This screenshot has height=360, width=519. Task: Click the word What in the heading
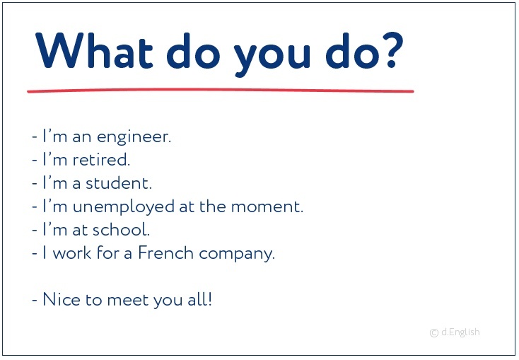pos(94,50)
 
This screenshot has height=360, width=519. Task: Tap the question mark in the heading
pos(392,50)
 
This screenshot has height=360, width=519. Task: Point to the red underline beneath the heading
pos(221,91)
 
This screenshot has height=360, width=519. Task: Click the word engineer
pos(134,138)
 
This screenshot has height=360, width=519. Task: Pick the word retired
pos(101,160)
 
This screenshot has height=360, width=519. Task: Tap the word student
pos(119,183)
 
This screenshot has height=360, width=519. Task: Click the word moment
pos(267,207)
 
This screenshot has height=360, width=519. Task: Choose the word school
pos(121,230)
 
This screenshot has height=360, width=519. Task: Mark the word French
pos(165,252)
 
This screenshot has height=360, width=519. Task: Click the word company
pos(237,255)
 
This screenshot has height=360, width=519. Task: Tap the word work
pos(72,252)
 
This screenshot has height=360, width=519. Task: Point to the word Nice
pos(62,299)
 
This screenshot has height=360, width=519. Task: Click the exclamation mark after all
pos(209,299)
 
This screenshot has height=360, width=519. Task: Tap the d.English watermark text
pos(460,332)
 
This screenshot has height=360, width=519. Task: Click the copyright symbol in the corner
pos(434,333)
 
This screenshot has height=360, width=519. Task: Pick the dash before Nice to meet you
pos(35,300)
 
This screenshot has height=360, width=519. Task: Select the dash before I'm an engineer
pos(35,137)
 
